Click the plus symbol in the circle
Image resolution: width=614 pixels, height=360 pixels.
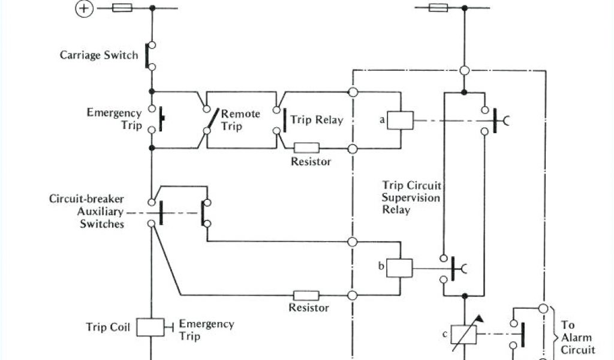85,9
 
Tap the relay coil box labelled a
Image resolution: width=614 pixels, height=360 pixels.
399,120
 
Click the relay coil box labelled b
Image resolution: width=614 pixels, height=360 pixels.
399,267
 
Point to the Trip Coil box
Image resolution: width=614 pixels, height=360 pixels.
150,327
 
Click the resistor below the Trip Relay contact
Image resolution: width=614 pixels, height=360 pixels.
306,148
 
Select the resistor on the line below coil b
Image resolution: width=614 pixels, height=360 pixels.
306,295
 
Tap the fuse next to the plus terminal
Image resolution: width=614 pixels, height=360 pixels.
122,8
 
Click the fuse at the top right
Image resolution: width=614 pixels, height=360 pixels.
438,8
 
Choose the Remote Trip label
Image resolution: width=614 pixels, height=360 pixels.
240,119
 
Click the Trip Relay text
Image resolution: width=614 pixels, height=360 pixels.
317,120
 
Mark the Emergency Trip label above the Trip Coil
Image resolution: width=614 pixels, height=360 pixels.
114,119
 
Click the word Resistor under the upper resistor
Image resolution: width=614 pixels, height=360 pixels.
311,161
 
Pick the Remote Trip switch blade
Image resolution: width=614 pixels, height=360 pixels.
210,126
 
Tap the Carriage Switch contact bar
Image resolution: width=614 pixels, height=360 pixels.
146,55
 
